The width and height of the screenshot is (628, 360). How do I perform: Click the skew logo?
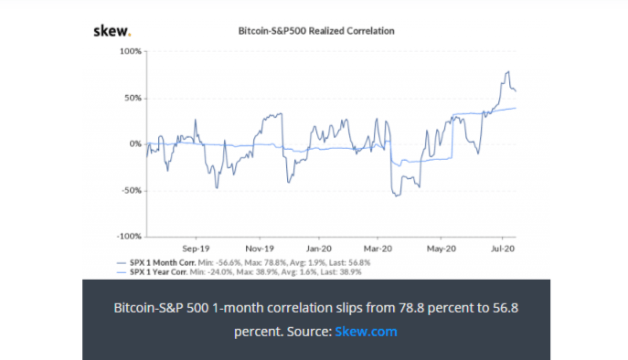(112, 31)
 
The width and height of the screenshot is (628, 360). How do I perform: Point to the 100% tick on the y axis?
(131, 51)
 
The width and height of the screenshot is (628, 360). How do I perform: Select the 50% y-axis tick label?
(133, 98)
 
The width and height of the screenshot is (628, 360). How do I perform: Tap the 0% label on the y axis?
(135, 144)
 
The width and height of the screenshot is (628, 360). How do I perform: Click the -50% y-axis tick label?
(132, 191)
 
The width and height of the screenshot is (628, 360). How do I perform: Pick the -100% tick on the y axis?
(130, 237)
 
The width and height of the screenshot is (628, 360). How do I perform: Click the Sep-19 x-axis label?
(197, 248)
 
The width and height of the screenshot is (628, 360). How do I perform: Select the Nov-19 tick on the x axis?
(261, 248)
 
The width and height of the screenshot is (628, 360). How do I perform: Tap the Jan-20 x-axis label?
(318, 248)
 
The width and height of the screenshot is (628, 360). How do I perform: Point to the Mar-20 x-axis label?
(378, 248)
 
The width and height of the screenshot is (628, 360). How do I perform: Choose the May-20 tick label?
(442, 248)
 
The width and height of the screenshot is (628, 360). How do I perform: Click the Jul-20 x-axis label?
(502, 248)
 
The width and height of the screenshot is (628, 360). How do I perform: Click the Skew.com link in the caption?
(366, 331)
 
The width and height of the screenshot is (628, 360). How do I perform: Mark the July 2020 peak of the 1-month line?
(506, 72)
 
